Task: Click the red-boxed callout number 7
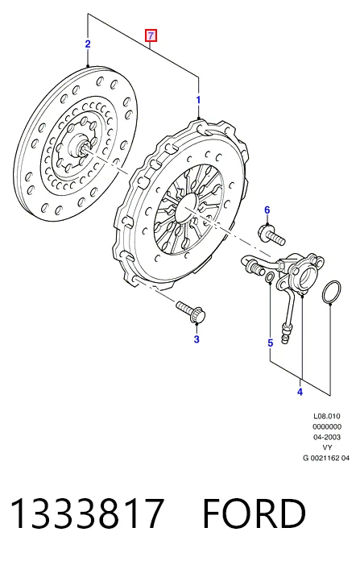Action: point(151,35)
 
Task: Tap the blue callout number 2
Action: point(88,44)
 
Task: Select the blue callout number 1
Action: point(198,100)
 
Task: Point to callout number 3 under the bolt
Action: point(197,339)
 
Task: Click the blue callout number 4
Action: point(300,392)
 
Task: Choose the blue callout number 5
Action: point(271,343)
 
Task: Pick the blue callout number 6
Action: point(267,210)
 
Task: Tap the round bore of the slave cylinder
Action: point(308,276)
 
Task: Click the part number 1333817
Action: point(88,513)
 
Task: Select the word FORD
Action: point(254,513)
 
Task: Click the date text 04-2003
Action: point(327,437)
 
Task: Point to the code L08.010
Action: point(327,416)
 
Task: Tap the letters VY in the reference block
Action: point(327,447)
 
